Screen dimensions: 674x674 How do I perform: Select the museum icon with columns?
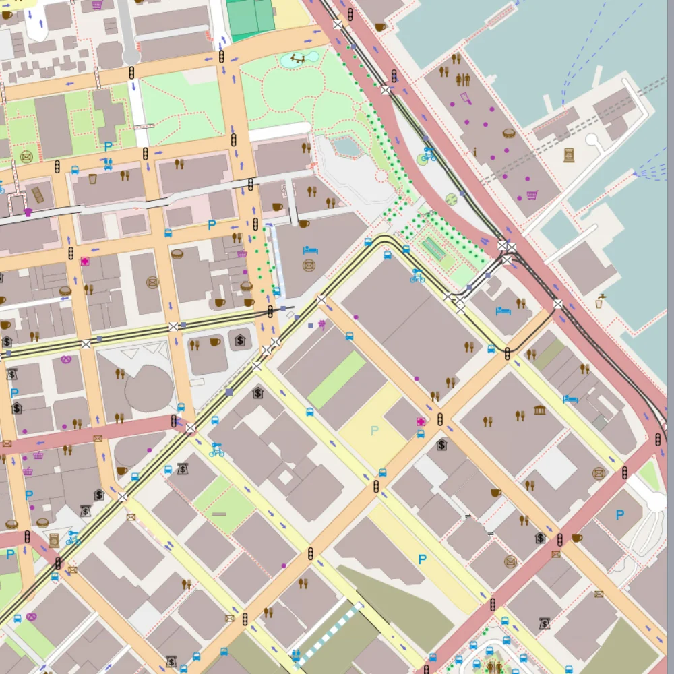click(x=539, y=410)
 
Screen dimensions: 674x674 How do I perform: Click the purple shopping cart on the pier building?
click(x=532, y=195)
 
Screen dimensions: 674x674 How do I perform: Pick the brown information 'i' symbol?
click(x=474, y=152)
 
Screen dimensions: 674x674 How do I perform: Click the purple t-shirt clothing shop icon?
click(x=28, y=212)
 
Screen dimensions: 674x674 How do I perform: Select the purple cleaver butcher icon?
click(x=466, y=99)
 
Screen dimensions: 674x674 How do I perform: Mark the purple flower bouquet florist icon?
click(x=322, y=325)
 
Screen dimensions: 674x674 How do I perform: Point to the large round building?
click(x=149, y=389)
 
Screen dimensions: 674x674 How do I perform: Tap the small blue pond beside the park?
click(x=346, y=146)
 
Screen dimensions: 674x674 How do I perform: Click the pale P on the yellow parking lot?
click(x=375, y=430)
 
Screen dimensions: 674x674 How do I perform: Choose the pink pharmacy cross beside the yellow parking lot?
click(x=421, y=422)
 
